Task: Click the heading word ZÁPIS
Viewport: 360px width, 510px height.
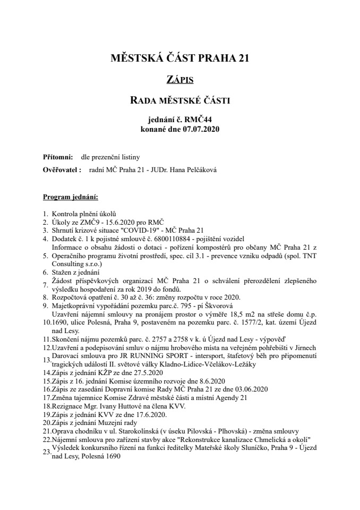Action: point(179,80)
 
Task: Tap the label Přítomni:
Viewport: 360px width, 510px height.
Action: point(58,157)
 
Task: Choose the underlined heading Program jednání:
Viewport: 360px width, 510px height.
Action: point(70,198)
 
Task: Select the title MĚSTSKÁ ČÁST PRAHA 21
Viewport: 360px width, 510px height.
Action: point(179,58)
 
